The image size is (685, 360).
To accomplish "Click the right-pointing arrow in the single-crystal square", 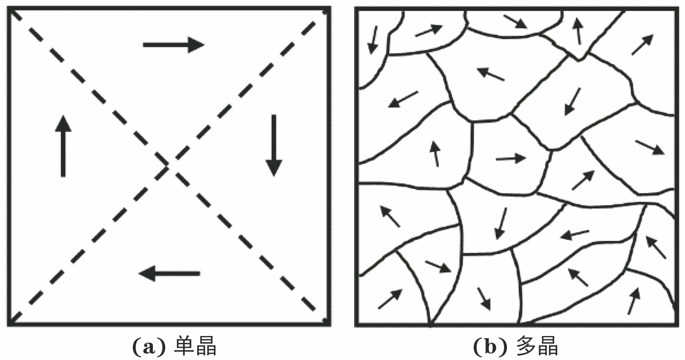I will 173,45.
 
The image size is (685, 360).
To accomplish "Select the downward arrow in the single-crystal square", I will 274,145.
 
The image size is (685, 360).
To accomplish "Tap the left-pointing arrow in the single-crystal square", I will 169,274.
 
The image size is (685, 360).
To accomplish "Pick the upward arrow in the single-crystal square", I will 63,146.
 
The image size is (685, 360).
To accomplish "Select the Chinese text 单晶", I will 195,347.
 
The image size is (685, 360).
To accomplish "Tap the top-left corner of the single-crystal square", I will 9,8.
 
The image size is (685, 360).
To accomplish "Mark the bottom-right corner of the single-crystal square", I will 329,325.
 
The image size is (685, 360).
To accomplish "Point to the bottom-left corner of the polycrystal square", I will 357,325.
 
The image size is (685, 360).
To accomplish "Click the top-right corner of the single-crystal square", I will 329,8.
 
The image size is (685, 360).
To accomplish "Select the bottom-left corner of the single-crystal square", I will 9,325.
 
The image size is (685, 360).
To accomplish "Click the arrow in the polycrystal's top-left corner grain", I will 373,40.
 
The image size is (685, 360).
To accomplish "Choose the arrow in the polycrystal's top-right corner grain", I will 642,45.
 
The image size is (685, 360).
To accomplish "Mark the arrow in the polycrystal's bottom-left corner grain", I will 390,299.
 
